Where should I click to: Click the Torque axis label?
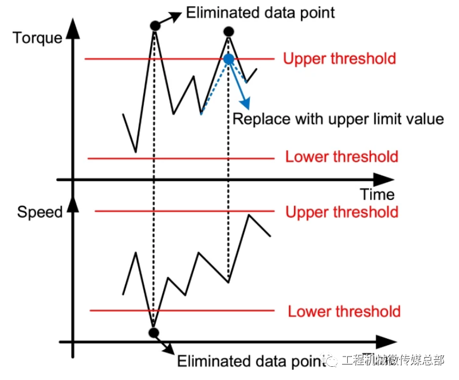tap(37, 38)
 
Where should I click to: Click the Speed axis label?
tap(40, 212)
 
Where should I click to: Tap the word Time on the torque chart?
tap(377, 194)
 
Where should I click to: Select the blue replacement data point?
tap(229, 58)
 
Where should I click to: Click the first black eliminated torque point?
tap(154, 26)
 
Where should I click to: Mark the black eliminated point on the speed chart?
tap(153, 332)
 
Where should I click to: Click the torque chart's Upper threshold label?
tap(339, 58)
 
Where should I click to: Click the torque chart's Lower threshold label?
tap(342, 157)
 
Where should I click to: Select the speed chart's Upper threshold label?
tap(342, 212)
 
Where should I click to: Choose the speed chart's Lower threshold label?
tap(344, 312)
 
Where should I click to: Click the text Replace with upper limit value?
tap(338, 119)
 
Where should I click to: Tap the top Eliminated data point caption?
tap(261, 12)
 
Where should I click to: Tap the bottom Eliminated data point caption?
tap(246, 361)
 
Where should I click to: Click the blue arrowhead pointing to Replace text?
tap(246, 104)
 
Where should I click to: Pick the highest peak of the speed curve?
tap(249, 216)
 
